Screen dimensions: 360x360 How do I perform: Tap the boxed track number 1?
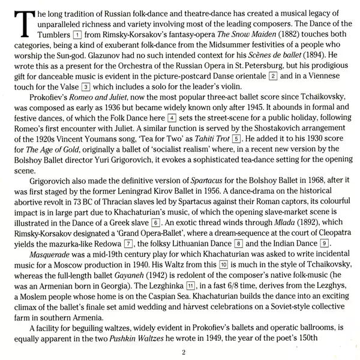[x=76, y=35]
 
